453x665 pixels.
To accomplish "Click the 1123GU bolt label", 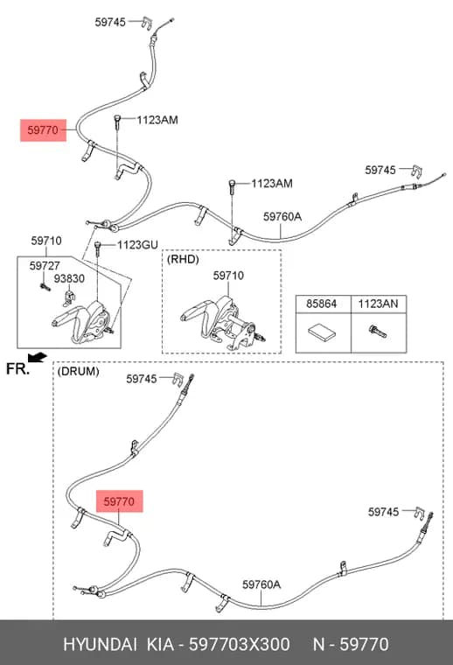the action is pos(137,245).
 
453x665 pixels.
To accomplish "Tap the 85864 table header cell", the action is pos(322,304).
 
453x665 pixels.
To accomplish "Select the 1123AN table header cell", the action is pos(378,304).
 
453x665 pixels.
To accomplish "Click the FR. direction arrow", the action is pos(38,357).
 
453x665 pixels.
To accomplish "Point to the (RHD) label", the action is pos(183,259).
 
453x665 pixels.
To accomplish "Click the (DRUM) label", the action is pos(78,371).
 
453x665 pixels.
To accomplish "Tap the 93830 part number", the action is pos(69,278).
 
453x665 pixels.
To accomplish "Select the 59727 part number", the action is pos(45,266).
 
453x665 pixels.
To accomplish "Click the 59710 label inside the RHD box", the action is pos(228,276).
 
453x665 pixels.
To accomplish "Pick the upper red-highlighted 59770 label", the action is pos(43,129).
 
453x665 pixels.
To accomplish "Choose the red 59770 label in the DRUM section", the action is pos(119,501).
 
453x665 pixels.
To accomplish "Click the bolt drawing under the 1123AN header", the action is pos(378,332).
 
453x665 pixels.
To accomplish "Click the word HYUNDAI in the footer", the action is pos(100,644).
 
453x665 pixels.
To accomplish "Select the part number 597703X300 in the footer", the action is pos(239,644).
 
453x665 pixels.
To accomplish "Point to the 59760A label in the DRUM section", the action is pos(261,584).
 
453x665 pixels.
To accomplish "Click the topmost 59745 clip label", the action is pos(110,22).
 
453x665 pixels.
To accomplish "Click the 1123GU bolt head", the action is pos(97,245).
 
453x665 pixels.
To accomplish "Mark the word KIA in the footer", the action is pos(160,644).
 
